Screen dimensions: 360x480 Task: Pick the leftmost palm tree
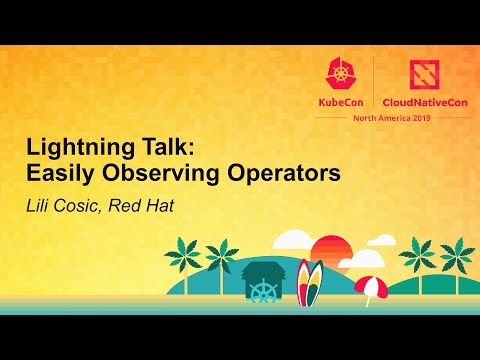click(x=184, y=255)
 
